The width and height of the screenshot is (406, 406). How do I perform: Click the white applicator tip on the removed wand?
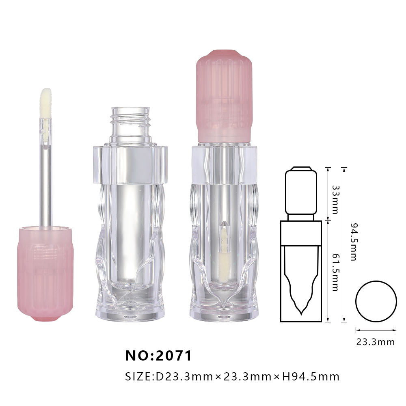pyautogui.click(x=45, y=104)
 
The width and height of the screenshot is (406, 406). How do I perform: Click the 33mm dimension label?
pyautogui.click(x=335, y=199)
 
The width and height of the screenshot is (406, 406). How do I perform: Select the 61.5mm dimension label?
pyautogui.click(x=335, y=272)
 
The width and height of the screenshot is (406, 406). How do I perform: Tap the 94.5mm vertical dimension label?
pyautogui.click(x=354, y=242)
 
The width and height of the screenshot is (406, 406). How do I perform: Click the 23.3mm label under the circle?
pyautogui.click(x=376, y=342)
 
